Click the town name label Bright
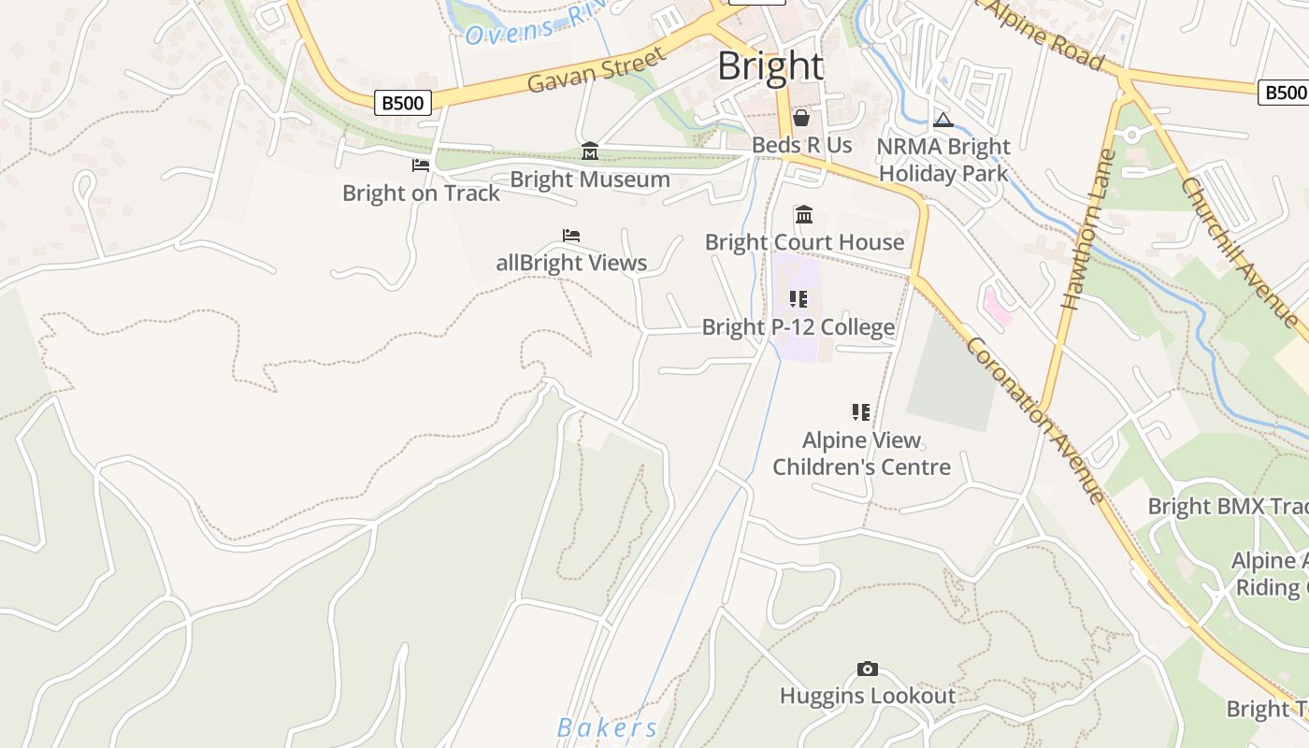pos(770,66)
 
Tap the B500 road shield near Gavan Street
pos(403,102)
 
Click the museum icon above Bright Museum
pos(590,151)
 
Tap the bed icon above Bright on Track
pos(421,165)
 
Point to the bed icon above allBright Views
pos(571,236)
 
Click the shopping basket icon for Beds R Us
pos(801,118)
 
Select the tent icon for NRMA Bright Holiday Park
pos(943,120)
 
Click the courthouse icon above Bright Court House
pos(804,215)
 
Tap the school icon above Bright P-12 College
pos(798,299)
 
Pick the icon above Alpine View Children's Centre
pos(861,411)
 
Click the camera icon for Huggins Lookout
pos(868,669)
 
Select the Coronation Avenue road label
pos(1034,420)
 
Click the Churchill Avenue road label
pos(1238,252)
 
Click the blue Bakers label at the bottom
pos(608,727)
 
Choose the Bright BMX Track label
pos(1228,507)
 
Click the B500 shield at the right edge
pos(1284,92)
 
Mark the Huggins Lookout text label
pos(868,696)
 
